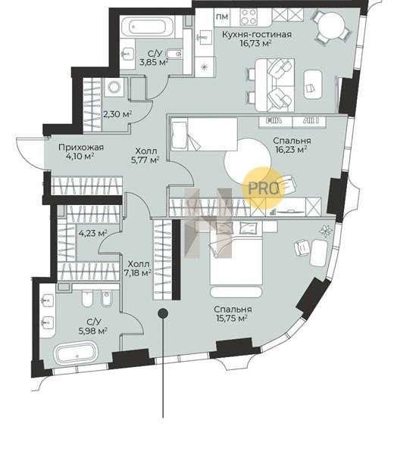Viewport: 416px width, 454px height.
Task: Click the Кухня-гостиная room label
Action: click(x=256, y=35)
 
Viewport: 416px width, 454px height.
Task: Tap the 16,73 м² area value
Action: click(x=255, y=43)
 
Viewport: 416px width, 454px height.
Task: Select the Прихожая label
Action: click(x=81, y=148)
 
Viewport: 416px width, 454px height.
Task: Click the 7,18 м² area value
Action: click(x=138, y=272)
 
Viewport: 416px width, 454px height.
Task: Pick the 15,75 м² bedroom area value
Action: click(x=231, y=319)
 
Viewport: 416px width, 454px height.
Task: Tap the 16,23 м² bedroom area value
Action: click(x=291, y=150)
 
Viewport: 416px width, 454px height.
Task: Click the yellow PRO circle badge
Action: click(x=263, y=187)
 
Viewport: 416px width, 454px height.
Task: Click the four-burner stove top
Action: click(x=249, y=17)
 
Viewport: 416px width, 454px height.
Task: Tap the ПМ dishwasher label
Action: click(x=222, y=17)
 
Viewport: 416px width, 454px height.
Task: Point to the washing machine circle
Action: click(x=114, y=87)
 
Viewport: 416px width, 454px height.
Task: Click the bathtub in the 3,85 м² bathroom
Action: click(x=148, y=27)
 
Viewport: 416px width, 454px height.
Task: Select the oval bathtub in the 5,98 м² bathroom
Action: click(x=77, y=353)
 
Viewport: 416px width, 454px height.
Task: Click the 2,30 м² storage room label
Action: click(x=117, y=114)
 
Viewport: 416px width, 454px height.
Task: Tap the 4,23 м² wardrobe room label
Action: click(x=93, y=233)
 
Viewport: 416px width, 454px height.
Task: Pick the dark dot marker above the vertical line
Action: click(x=163, y=313)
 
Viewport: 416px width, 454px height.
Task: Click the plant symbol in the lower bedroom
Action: click(x=326, y=231)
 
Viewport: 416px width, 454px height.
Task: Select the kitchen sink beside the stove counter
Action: click(x=205, y=37)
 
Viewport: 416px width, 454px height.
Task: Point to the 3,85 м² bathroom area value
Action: click(x=154, y=62)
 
